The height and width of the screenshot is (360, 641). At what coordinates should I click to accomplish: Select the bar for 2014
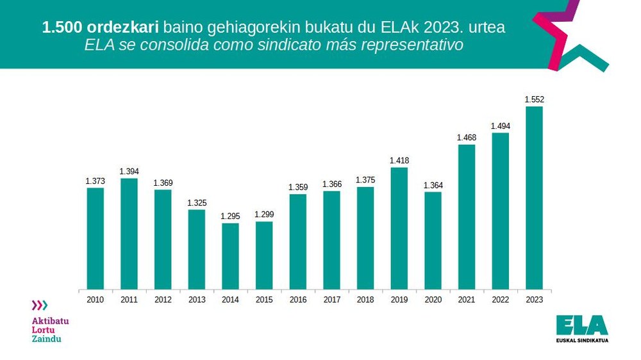[x=230, y=256]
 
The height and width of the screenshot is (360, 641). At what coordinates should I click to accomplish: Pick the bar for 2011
[x=129, y=233]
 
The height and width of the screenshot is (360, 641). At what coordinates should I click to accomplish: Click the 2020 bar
[x=433, y=240]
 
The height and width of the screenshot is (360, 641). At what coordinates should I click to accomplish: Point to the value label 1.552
[x=534, y=99]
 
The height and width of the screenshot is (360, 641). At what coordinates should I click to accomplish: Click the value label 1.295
[x=230, y=217]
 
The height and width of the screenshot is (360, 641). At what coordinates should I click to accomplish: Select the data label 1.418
[x=399, y=161]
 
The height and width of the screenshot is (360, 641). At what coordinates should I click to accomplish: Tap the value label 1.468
[x=467, y=138]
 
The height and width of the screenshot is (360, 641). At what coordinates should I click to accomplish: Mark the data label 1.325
[x=197, y=203]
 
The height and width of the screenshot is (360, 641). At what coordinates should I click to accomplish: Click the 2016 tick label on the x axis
[x=298, y=299]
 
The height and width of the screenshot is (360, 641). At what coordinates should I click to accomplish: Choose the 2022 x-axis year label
[x=501, y=299]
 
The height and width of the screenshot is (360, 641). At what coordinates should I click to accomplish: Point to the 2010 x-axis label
[x=96, y=299]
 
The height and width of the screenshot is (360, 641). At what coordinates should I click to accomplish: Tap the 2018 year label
[x=365, y=299]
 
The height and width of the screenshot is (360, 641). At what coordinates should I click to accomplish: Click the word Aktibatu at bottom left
[x=50, y=320]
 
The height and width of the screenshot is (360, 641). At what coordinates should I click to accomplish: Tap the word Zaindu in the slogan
[x=46, y=339]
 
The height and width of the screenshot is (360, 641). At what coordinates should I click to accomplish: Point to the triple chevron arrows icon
[x=40, y=306]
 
